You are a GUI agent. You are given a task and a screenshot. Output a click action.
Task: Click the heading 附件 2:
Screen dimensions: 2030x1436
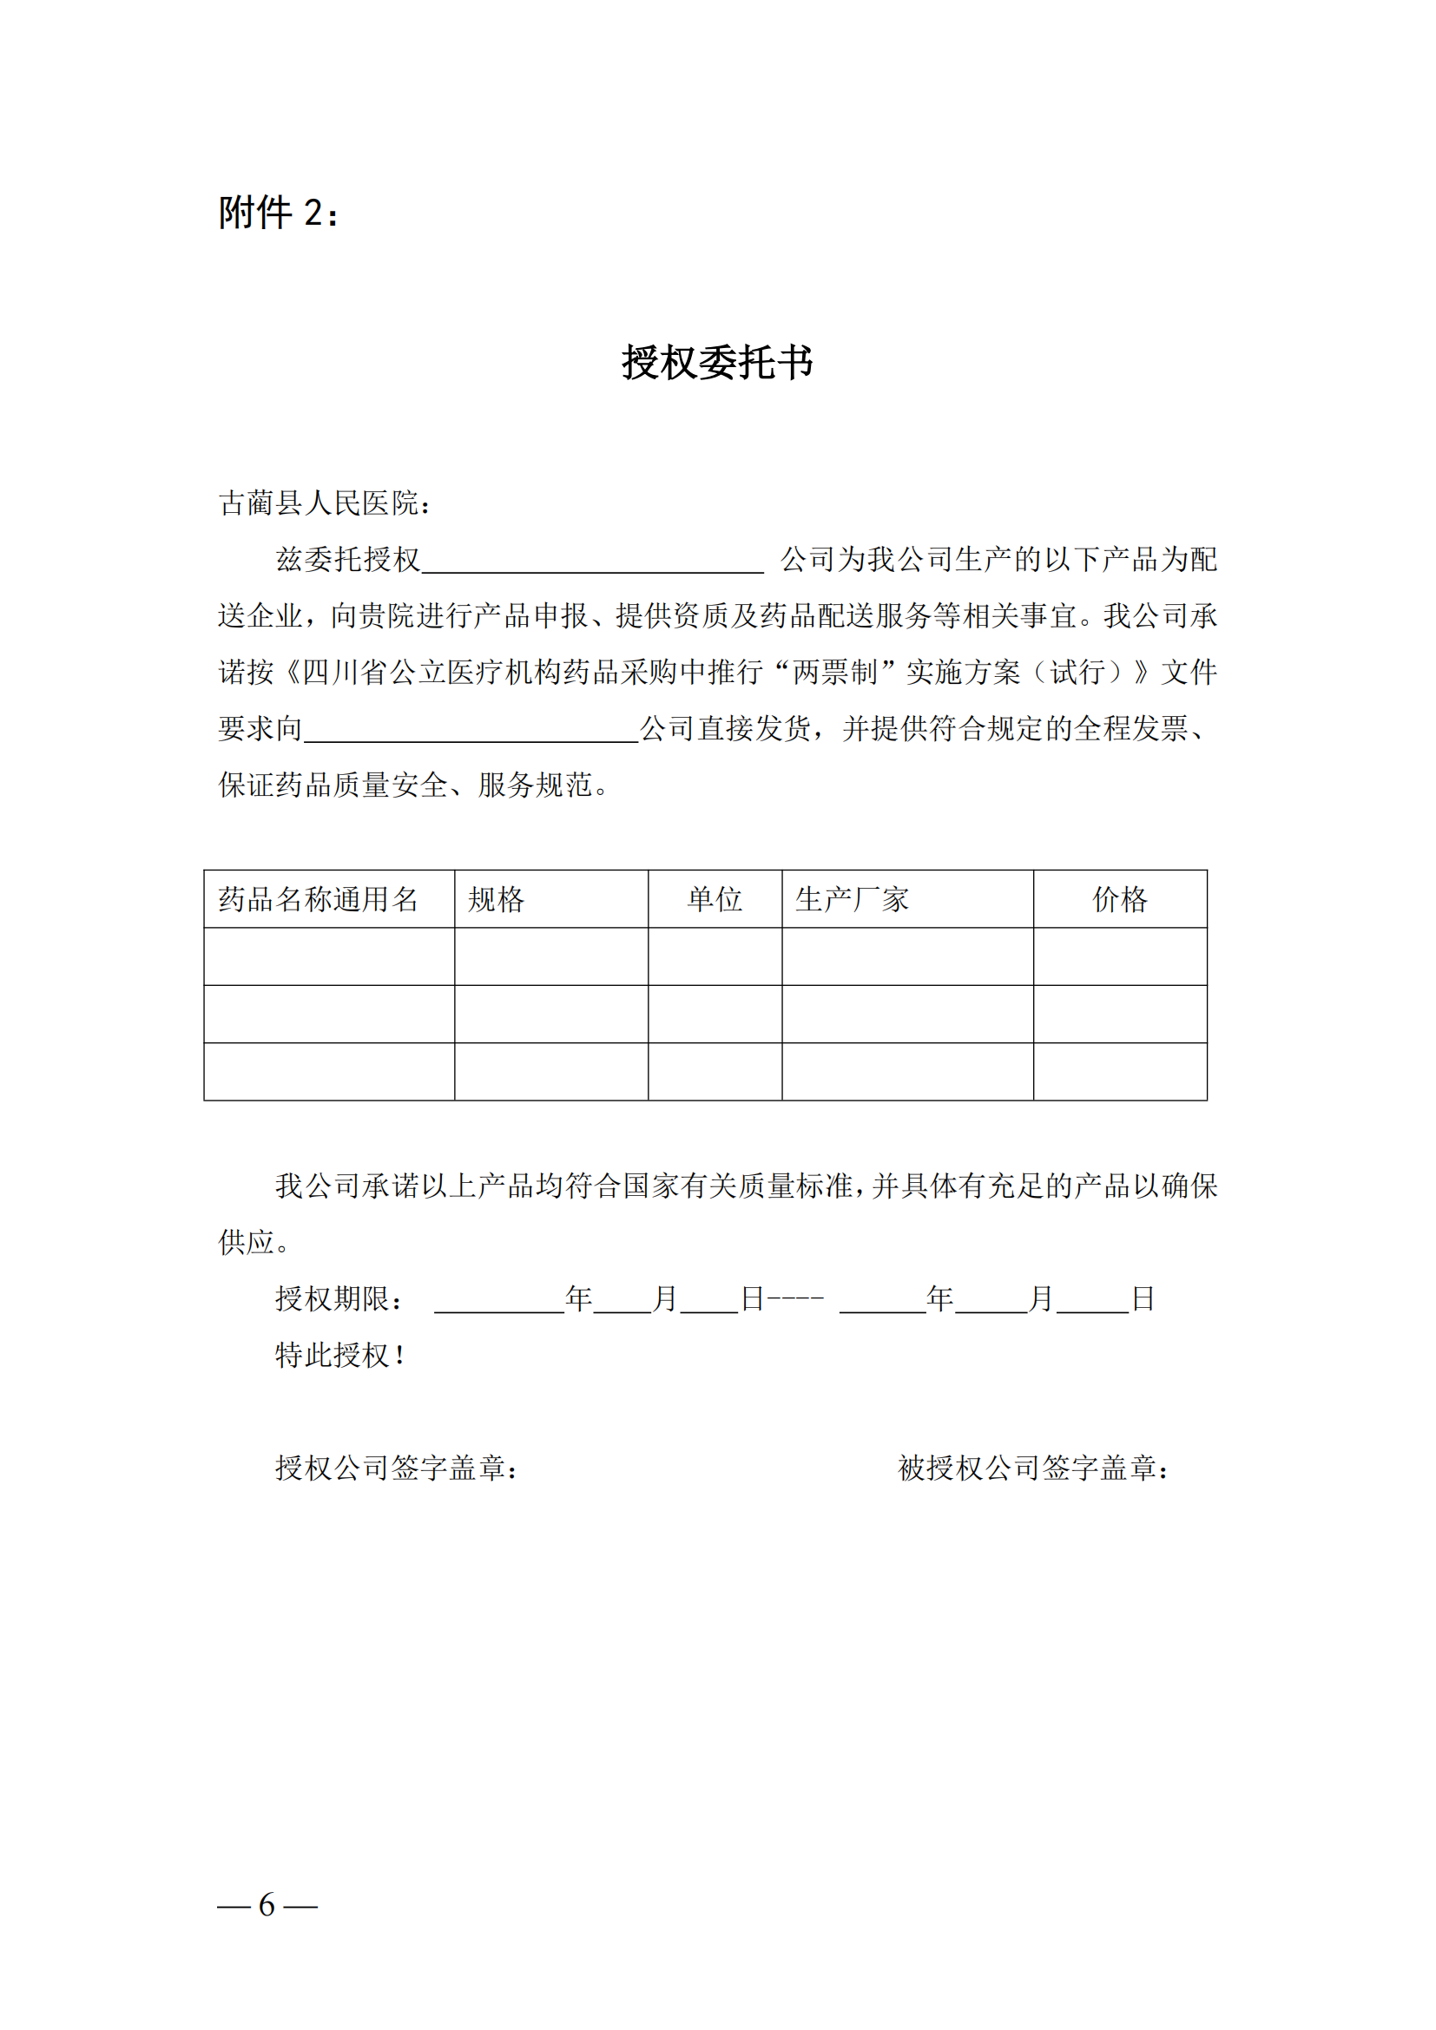point(278,214)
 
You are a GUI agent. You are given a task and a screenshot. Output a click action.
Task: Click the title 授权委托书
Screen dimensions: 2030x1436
point(717,363)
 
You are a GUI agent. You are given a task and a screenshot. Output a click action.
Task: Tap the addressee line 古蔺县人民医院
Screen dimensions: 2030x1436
point(325,503)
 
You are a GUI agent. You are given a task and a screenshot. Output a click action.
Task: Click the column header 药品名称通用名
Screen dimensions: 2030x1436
point(319,899)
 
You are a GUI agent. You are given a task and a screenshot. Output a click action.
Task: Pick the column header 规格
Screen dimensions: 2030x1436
point(496,899)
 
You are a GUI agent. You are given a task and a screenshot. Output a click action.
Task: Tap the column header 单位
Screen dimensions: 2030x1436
point(715,899)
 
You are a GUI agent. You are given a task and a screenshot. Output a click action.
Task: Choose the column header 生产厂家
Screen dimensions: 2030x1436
point(852,899)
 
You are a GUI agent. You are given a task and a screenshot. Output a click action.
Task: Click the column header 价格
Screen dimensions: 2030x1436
point(1119,899)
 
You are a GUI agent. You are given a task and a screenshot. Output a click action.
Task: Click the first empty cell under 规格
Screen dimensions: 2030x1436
point(551,956)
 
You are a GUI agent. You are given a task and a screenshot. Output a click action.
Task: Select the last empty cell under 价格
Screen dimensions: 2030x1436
point(1119,1072)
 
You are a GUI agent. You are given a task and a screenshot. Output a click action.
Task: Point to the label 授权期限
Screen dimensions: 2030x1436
point(339,1299)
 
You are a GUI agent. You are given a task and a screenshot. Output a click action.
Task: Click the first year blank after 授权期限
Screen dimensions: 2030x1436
point(498,1302)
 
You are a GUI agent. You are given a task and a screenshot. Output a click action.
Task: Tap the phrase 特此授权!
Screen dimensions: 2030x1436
point(340,1356)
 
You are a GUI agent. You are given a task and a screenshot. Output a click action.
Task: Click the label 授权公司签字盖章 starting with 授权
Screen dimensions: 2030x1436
point(395,1468)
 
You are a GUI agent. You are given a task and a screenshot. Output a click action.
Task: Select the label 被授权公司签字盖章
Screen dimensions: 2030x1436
point(1033,1468)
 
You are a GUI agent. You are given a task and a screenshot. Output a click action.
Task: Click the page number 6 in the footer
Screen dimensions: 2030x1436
point(267,1904)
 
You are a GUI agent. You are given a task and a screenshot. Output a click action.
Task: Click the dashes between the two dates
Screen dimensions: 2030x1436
point(796,1299)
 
